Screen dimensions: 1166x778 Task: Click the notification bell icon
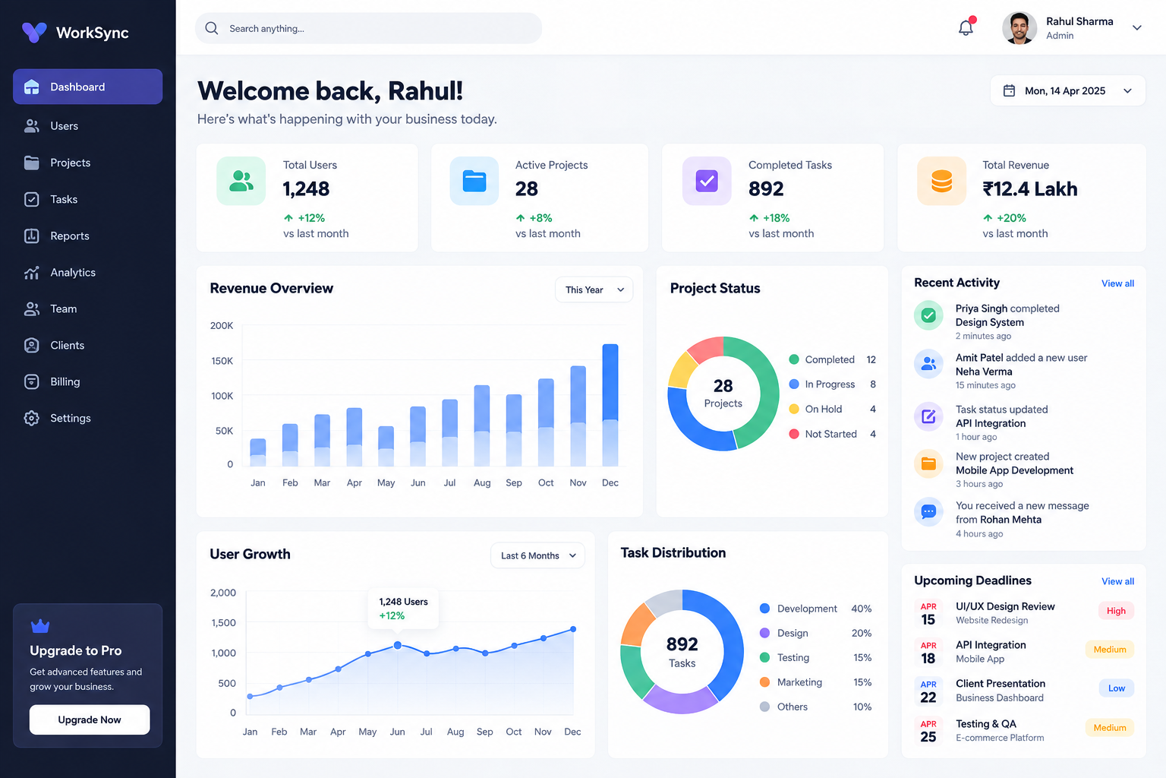(966, 27)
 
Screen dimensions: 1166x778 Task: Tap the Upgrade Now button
(90, 719)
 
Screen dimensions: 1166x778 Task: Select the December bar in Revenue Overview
(610, 405)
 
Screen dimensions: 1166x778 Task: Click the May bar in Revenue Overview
(386, 446)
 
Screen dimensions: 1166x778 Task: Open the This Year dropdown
(594, 289)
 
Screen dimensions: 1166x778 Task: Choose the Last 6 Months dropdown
(537, 555)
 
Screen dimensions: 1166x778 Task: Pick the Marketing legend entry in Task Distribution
(815, 682)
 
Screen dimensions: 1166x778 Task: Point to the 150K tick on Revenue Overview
(222, 361)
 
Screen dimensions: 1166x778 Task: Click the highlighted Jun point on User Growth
(397, 645)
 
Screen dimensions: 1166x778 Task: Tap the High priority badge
(1116, 611)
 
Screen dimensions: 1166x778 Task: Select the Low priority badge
(1117, 688)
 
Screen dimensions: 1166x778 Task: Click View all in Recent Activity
(1117, 283)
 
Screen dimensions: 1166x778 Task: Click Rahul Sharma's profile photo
(1019, 28)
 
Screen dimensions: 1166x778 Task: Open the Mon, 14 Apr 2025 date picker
(1067, 90)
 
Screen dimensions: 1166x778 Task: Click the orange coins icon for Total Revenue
(941, 181)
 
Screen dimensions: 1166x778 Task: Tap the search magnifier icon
(211, 28)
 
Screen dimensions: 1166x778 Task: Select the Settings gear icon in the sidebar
(31, 418)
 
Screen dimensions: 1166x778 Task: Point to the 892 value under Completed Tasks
(766, 188)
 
